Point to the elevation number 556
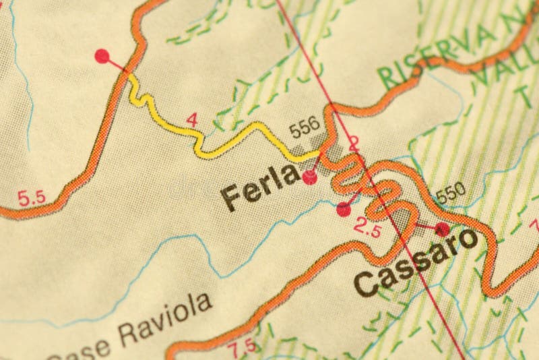304,130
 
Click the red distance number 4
193,120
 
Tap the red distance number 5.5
31,198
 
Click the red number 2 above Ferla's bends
354,142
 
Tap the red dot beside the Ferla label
310,178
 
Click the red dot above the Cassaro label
442,229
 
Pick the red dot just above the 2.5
344,210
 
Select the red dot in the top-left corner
102,55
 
